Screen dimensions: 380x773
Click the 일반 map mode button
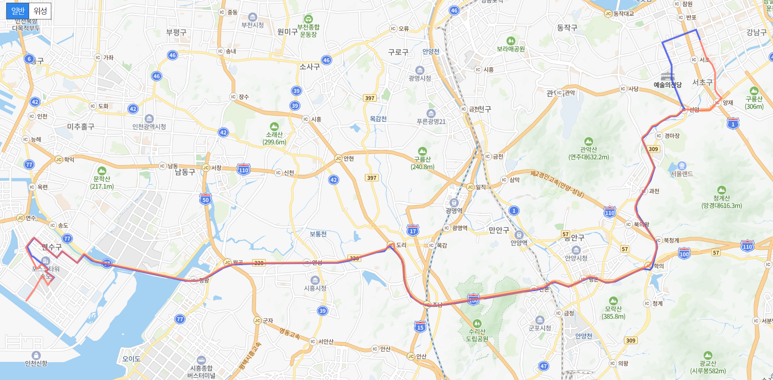click(x=18, y=11)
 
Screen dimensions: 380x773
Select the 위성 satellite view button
click(x=40, y=11)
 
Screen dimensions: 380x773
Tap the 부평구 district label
click(x=176, y=33)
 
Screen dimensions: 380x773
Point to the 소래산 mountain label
click(x=274, y=135)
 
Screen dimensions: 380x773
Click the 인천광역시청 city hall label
click(x=149, y=127)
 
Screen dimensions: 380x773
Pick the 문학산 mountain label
click(x=102, y=179)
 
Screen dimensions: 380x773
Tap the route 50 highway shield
click(x=205, y=199)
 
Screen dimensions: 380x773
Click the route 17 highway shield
click(x=413, y=230)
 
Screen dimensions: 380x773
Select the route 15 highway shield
click(x=420, y=327)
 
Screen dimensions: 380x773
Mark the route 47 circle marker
click(x=543, y=366)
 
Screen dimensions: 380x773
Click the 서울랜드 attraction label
click(x=682, y=174)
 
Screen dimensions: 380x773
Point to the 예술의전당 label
click(x=667, y=85)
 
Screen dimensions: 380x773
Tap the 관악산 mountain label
click(x=588, y=149)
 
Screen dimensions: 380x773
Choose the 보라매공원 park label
click(x=511, y=49)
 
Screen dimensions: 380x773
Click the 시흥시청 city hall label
click(x=315, y=288)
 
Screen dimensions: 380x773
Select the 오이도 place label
click(x=131, y=359)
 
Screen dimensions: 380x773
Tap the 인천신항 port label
click(x=36, y=363)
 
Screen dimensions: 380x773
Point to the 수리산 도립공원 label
click(x=477, y=335)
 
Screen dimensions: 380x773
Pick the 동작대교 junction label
click(x=623, y=14)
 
